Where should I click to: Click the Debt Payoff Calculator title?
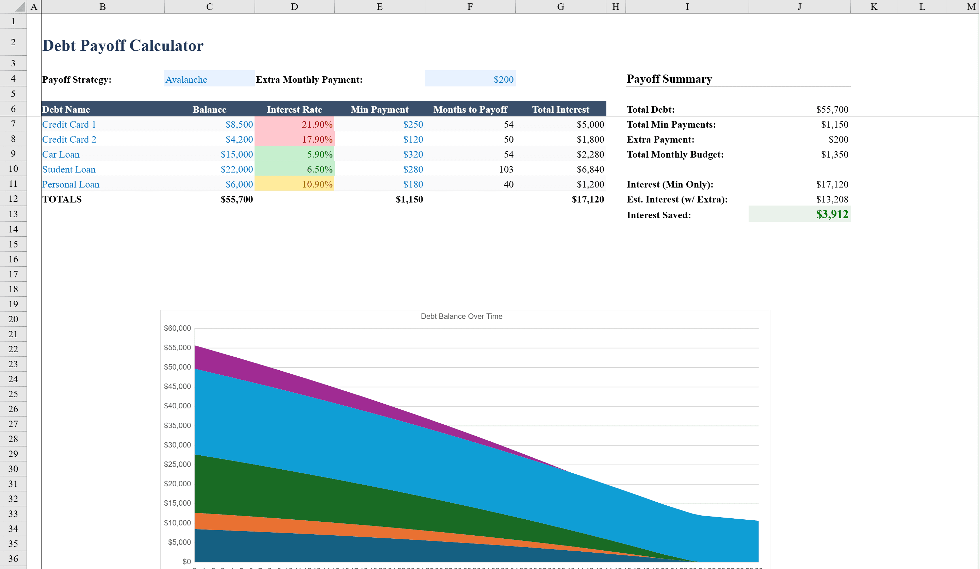click(122, 46)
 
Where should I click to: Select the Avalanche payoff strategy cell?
click(209, 79)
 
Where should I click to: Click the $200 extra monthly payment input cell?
click(470, 79)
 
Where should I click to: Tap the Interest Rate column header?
click(294, 109)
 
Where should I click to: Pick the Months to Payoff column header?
click(470, 109)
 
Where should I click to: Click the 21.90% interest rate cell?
click(294, 125)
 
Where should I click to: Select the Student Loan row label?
click(69, 169)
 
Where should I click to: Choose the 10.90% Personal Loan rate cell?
click(294, 184)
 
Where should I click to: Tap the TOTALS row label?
click(62, 199)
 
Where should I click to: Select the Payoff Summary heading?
click(669, 79)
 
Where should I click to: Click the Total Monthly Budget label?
click(675, 155)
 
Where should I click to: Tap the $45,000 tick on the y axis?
click(177, 386)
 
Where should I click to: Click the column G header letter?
click(560, 6)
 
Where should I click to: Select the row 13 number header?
click(13, 214)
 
